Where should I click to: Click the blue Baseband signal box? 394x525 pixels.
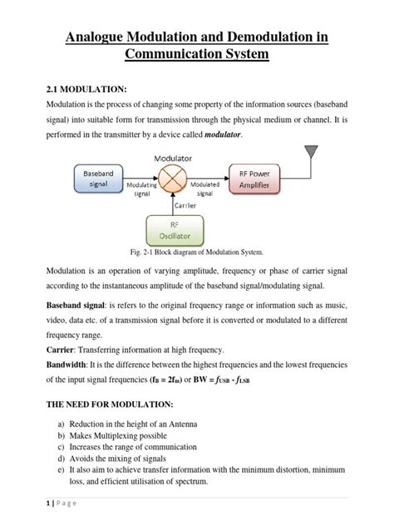pos(94,177)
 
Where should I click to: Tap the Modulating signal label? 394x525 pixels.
pos(142,188)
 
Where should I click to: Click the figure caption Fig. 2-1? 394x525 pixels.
pos(197,251)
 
